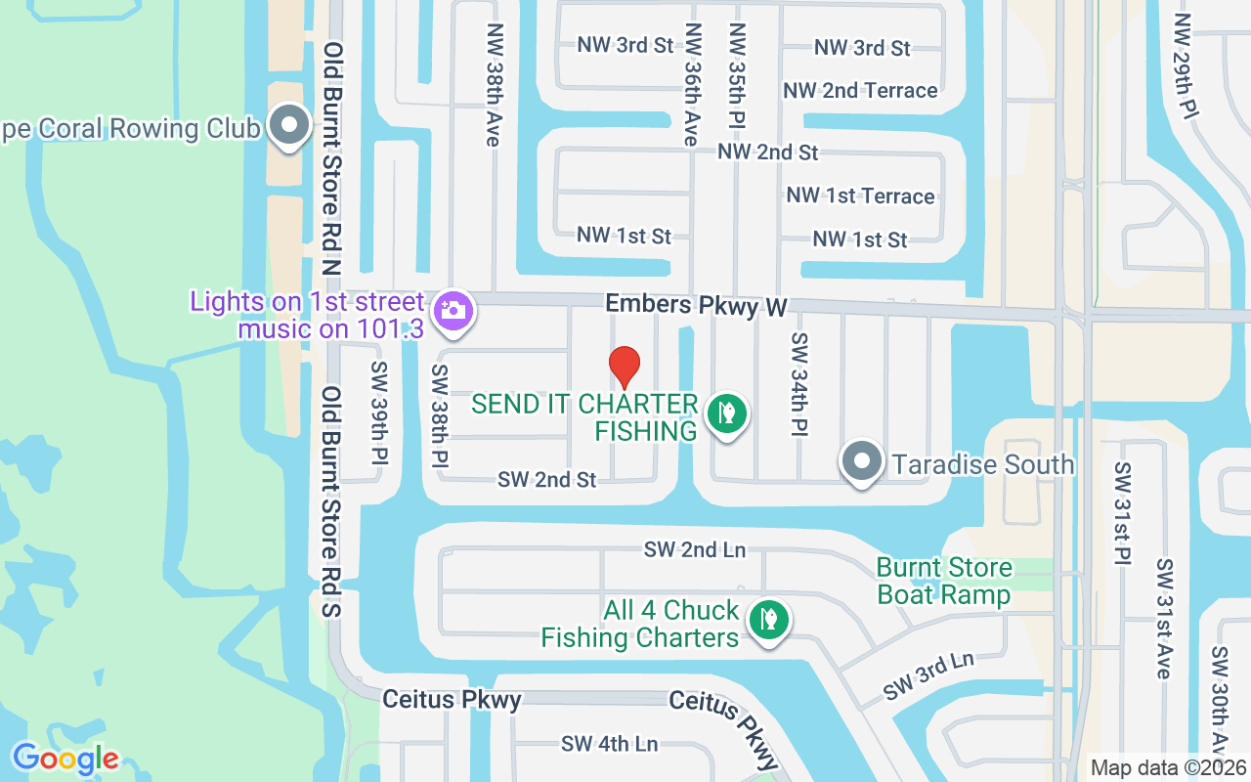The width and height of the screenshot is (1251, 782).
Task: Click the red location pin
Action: pos(625,367)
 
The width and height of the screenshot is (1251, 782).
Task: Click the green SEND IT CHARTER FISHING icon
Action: pos(726,413)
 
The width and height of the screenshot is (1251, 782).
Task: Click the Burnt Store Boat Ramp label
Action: pos(944,581)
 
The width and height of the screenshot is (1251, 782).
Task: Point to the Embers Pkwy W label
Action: pos(696,305)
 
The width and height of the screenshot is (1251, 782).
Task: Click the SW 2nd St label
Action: pos(546,480)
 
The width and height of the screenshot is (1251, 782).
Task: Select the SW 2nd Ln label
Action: pos(695,549)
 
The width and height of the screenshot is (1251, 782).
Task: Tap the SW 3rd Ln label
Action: pos(928,675)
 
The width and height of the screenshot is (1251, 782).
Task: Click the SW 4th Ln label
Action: pos(609,744)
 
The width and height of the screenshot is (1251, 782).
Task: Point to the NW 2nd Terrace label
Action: pos(860,91)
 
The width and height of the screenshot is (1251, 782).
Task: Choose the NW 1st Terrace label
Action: pos(860,196)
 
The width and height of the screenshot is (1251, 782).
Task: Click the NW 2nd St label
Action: pos(767,152)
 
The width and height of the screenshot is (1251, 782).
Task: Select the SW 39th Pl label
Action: pos(379,413)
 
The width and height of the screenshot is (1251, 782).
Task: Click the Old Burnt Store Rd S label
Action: pos(331,501)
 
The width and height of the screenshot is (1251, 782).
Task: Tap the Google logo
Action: pos(65,758)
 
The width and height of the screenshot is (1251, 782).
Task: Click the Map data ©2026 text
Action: pos(1168,767)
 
